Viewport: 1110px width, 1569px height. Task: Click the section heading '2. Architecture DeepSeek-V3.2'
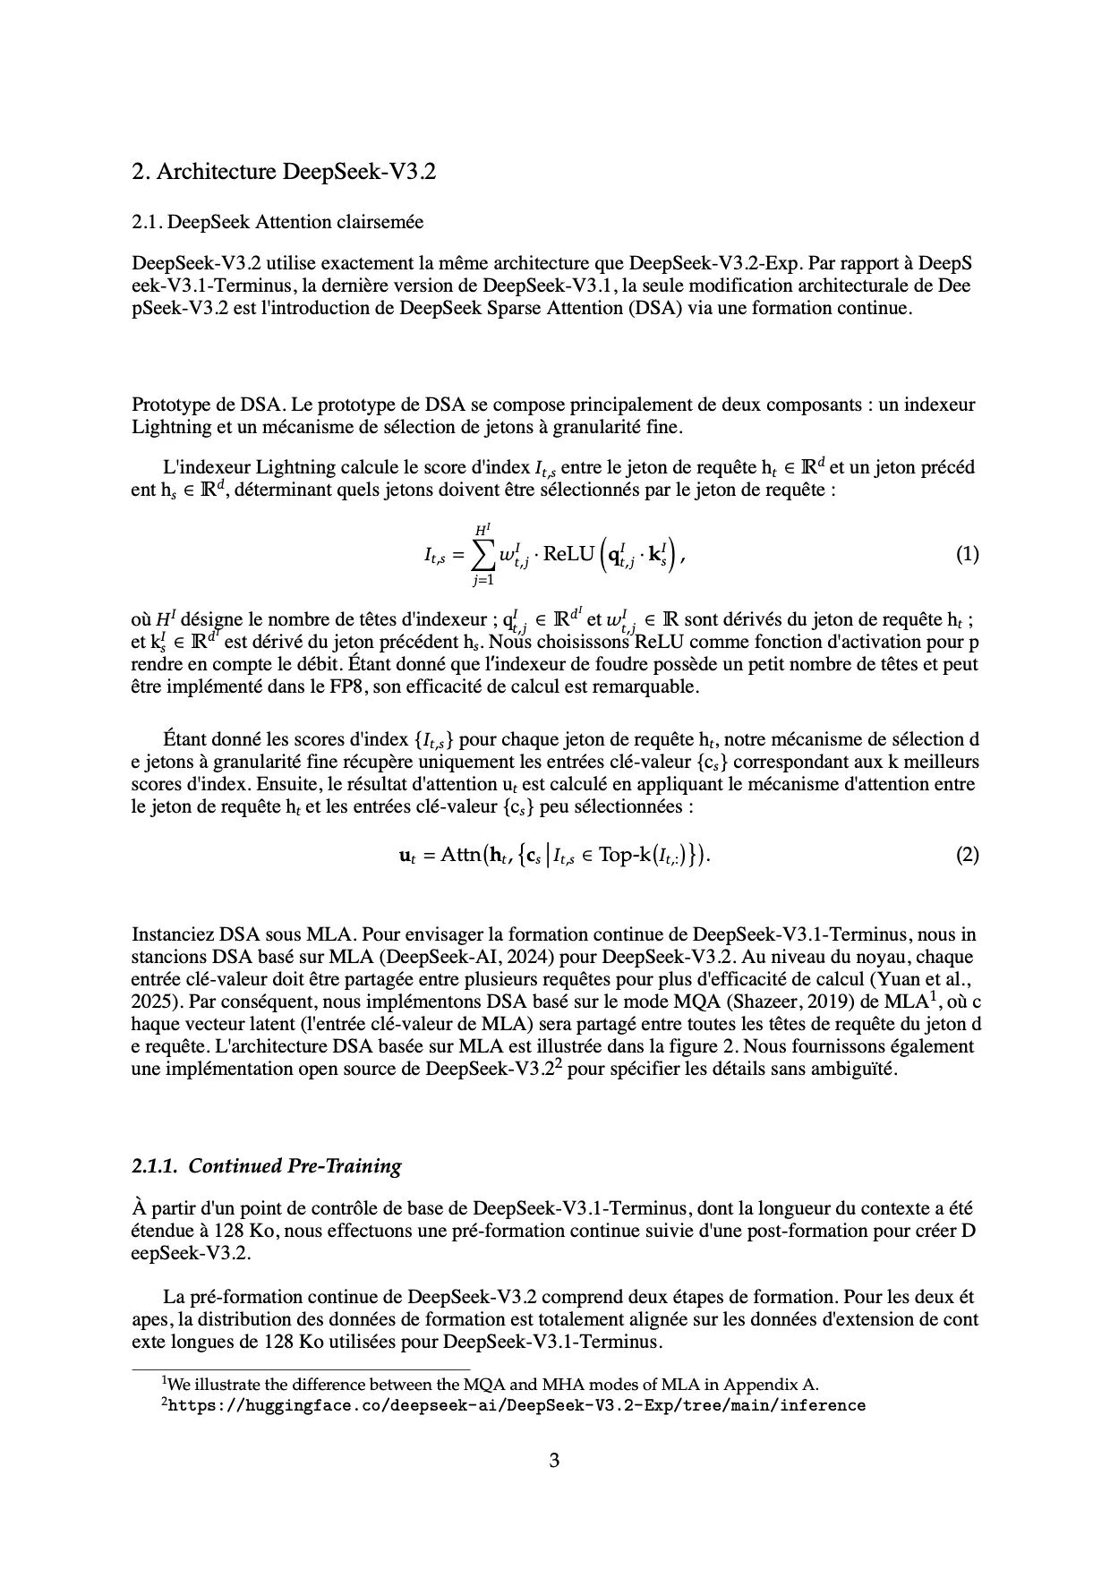[283, 172]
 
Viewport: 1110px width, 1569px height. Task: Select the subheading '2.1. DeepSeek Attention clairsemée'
[277, 221]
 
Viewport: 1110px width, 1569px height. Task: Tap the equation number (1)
[967, 554]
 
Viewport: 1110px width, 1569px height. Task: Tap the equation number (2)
[967, 855]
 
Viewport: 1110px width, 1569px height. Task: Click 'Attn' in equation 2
[461, 856]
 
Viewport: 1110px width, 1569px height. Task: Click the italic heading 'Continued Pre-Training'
[295, 1166]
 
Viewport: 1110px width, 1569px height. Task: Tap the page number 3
[554, 1462]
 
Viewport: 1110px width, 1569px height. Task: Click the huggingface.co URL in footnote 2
[517, 1405]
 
